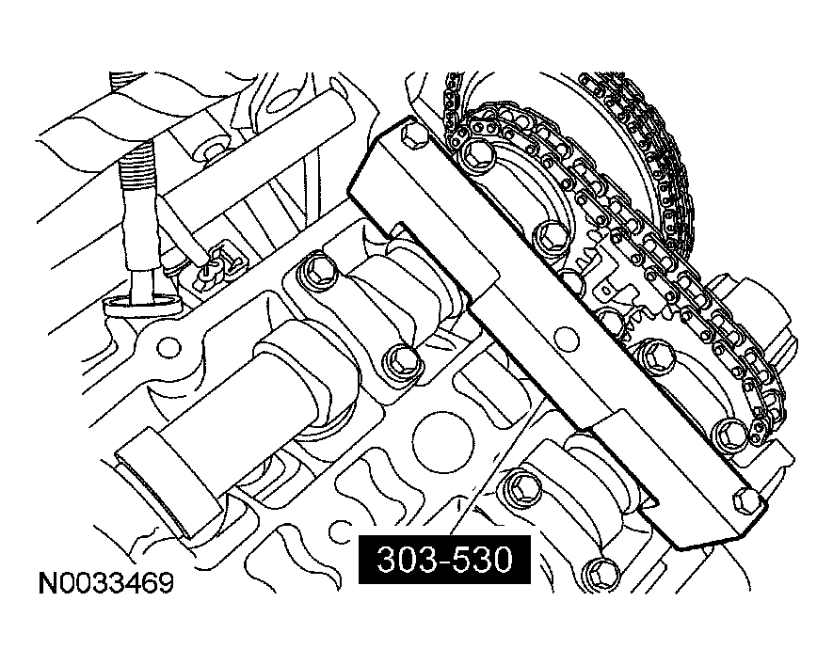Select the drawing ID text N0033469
click(105, 584)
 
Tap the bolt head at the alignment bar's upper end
click(411, 138)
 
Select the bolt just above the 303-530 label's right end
click(519, 486)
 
